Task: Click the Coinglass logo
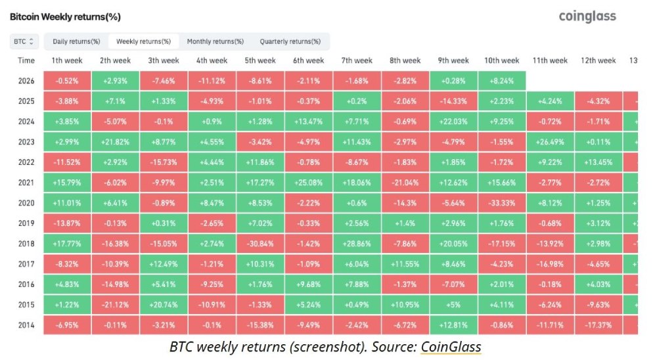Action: coord(587,16)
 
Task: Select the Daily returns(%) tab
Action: coord(76,41)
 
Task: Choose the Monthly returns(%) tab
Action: coord(215,41)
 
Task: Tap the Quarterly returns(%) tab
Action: coord(290,41)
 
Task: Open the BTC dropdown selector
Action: coord(25,41)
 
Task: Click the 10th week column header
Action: coord(502,60)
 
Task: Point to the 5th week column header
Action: coord(260,60)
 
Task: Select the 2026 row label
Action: coord(26,81)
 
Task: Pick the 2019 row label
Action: coord(26,223)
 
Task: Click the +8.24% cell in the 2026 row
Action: coord(502,81)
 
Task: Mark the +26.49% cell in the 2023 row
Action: coord(550,142)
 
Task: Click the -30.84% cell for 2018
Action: coord(260,244)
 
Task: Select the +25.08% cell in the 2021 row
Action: coord(308,183)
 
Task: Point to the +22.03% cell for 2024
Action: coord(453,122)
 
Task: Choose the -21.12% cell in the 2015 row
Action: coord(115,305)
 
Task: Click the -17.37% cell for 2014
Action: coord(598,325)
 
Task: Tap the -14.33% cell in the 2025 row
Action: coord(453,101)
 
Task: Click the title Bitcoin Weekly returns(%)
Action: coord(64,16)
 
